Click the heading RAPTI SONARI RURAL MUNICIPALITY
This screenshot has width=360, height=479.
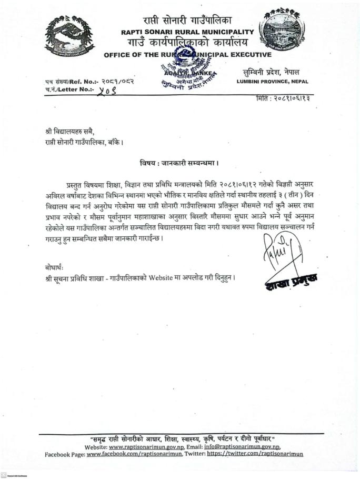tap(187, 32)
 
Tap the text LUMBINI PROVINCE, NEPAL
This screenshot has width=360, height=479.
tap(272, 81)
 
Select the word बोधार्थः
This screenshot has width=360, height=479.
tap(55, 266)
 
